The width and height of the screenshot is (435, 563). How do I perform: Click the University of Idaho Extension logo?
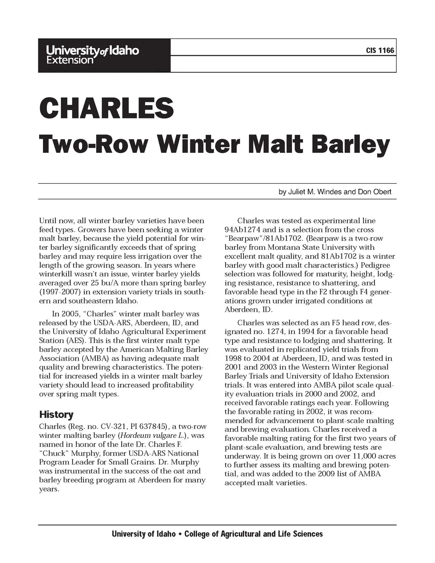click(x=93, y=55)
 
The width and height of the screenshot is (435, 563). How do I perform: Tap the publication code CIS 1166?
click(x=380, y=50)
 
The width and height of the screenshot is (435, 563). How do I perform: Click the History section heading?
click(x=56, y=414)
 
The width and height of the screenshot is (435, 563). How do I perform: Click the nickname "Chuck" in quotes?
click(x=54, y=454)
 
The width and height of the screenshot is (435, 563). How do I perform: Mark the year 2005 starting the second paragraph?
click(x=70, y=314)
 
